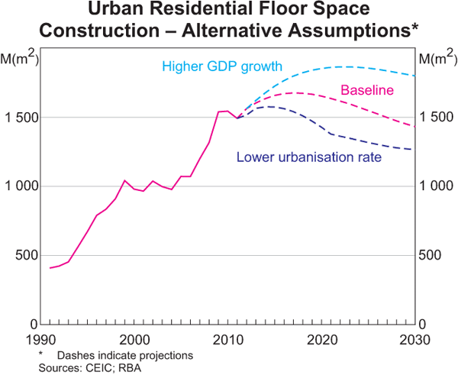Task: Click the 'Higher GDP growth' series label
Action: (x=221, y=66)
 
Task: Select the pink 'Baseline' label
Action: (x=367, y=90)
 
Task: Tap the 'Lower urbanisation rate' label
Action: (x=309, y=158)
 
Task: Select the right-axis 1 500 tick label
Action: (x=437, y=118)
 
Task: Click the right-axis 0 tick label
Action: (x=424, y=324)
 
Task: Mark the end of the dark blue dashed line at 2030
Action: (x=412, y=149)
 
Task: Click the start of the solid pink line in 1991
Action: (x=50, y=268)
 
